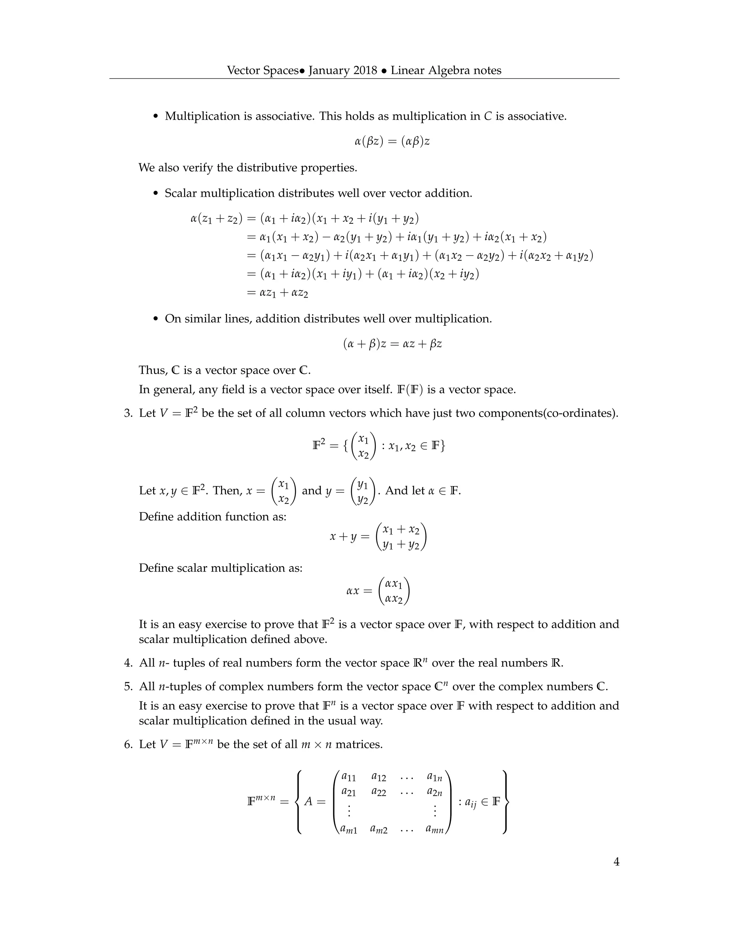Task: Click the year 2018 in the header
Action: pyautogui.click(x=365, y=70)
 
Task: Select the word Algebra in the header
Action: pyautogui.click(x=449, y=70)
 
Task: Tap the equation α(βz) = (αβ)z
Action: pyautogui.click(x=392, y=141)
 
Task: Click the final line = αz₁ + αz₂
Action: pyautogui.click(x=277, y=293)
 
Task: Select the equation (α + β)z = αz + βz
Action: pyautogui.click(x=392, y=344)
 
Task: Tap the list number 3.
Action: pyautogui.click(x=128, y=413)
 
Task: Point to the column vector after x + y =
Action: pyautogui.click(x=401, y=536)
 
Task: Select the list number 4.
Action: pyautogui.click(x=128, y=663)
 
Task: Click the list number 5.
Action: pyautogui.click(x=128, y=686)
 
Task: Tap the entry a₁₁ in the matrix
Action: pyautogui.click(x=348, y=777)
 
